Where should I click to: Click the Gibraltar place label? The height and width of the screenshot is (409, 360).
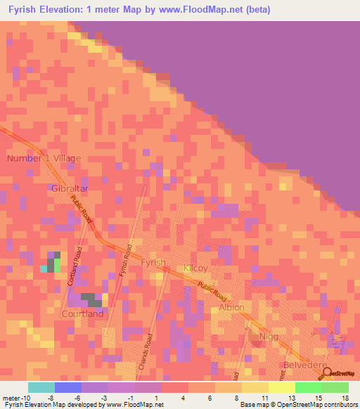pyautogui.click(x=68, y=188)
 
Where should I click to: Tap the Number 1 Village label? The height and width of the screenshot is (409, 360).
pyautogui.click(x=44, y=158)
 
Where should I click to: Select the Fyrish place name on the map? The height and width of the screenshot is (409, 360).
pyautogui.click(x=153, y=262)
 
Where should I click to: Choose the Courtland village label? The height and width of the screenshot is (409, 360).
pyautogui.click(x=82, y=313)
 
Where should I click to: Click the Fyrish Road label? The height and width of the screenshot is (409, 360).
pyautogui.click(x=127, y=260)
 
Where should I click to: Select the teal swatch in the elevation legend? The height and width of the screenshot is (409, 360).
pyautogui.click(x=41, y=387)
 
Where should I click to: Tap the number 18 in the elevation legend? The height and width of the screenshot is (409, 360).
pyautogui.click(x=345, y=397)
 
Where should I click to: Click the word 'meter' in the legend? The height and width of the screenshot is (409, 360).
pyautogui.click(x=13, y=397)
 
